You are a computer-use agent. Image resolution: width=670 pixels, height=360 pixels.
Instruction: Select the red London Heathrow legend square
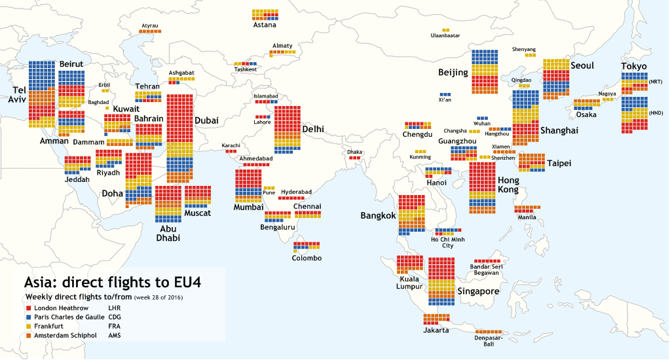click(28, 307)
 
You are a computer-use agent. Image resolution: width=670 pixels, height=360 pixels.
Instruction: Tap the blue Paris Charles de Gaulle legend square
click(28, 317)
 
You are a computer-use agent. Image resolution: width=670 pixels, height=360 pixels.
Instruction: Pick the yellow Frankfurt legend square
click(28, 326)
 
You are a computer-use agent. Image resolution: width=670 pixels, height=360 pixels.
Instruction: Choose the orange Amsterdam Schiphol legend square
click(28, 336)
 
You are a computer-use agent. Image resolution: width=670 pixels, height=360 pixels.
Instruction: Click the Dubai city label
click(206, 120)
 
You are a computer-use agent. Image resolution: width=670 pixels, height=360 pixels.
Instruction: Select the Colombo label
click(307, 258)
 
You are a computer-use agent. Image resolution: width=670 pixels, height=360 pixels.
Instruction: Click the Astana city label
click(265, 26)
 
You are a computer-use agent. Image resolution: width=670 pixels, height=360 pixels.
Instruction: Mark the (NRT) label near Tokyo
click(656, 82)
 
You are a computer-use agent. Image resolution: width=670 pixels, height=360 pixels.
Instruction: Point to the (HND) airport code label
click(656, 113)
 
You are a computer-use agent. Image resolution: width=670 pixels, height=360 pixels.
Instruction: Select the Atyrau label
click(150, 26)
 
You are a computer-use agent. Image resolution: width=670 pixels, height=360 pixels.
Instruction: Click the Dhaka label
click(354, 152)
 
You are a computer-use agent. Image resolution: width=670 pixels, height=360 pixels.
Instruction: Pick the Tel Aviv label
click(16, 94)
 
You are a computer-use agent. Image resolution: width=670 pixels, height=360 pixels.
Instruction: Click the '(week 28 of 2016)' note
click(158, 298)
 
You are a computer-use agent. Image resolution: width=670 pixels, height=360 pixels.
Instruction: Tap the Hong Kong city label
click(508, 185)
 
